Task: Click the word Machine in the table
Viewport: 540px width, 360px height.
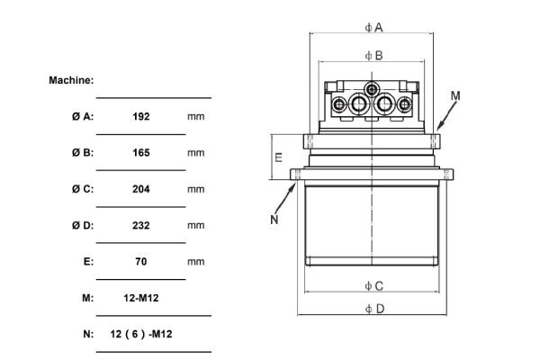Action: [71, 80]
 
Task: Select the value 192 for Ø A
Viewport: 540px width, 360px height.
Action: [140, 116]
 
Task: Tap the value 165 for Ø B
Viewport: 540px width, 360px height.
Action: [140, 152]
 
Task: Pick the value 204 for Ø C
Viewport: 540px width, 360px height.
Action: [140, 189]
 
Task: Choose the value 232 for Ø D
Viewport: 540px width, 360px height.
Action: [140, 225]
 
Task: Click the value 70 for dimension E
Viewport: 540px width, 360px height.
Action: [140, 261]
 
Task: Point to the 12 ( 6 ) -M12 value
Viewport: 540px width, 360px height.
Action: [141, 334]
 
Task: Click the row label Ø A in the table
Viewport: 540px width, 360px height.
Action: [83, 116]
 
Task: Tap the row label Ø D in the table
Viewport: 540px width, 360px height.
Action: [83, 225]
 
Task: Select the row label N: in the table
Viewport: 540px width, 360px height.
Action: [88, 334]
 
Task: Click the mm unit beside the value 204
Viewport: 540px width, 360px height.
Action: [196, 189]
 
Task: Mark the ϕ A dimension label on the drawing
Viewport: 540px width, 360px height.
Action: [373, 27]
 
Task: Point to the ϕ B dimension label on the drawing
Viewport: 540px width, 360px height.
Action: [373, 55]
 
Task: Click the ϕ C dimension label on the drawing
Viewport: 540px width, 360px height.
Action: [373, 285]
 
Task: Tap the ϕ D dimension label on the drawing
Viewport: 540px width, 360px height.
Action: [374, 309]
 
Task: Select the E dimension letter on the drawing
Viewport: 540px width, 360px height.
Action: [278, 157]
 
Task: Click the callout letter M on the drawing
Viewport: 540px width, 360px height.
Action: [454, 94]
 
